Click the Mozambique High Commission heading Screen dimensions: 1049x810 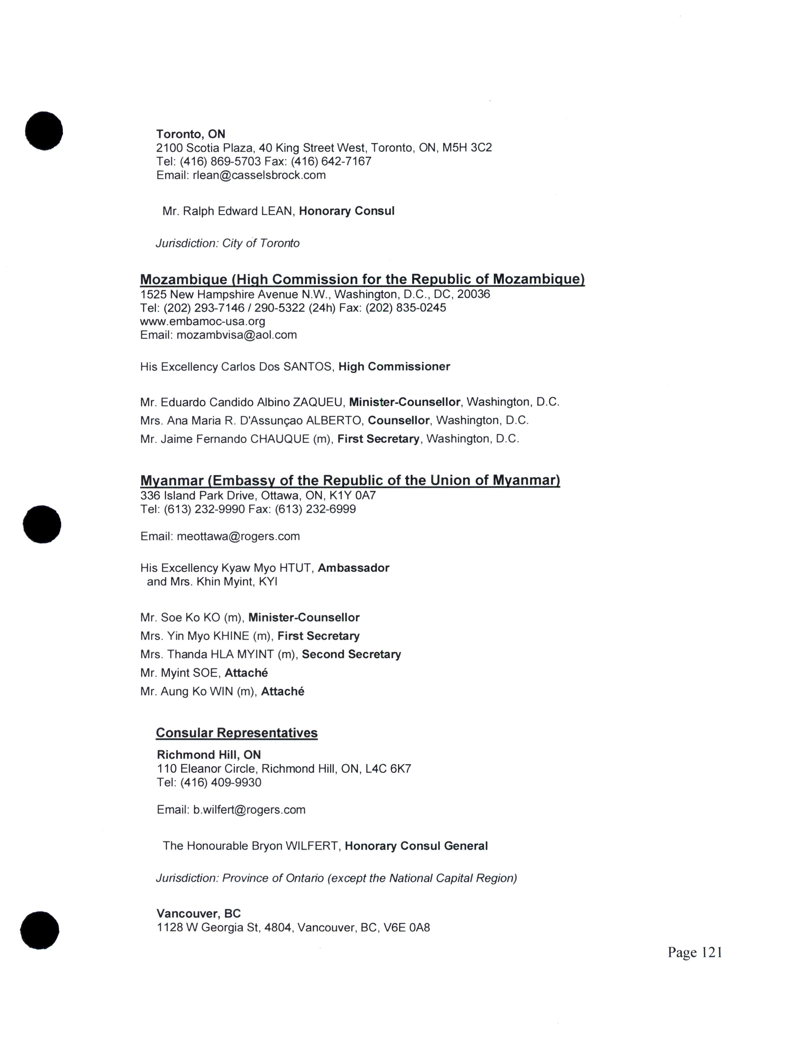362,279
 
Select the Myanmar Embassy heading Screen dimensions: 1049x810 350,480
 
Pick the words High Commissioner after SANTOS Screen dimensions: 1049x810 394,367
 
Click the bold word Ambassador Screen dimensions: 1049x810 353,568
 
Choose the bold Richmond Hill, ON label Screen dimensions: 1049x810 209,755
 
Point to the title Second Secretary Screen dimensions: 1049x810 351,654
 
